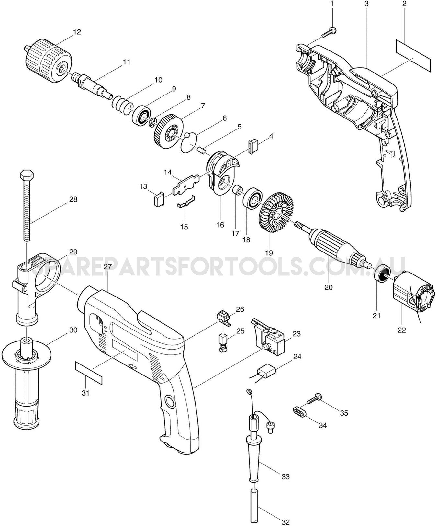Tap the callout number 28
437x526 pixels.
click(73, 199)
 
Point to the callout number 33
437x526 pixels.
click(285, 476)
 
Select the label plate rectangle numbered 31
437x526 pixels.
click(88, 373)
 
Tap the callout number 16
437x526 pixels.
click(220, 225)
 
